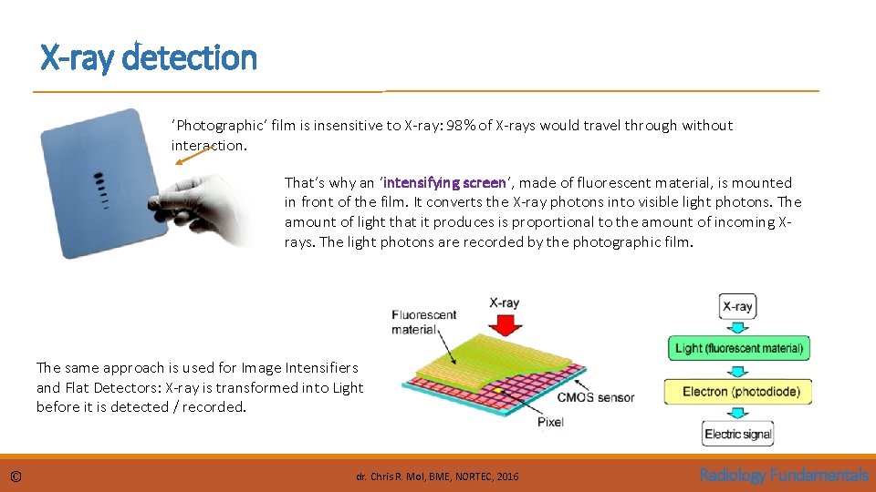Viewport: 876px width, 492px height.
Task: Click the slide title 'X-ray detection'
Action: (149, 57)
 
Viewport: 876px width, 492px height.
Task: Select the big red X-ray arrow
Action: (505, 323)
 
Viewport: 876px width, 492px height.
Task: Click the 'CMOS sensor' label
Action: (596, 397)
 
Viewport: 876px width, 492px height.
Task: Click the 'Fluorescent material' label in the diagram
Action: (424, 323)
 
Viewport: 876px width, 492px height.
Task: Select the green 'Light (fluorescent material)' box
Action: (738, 348)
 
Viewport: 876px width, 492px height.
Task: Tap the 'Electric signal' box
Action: (738, 434)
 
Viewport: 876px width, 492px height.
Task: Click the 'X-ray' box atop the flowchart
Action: (737, 306)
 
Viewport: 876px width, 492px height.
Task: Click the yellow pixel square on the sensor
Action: (498, 391)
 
